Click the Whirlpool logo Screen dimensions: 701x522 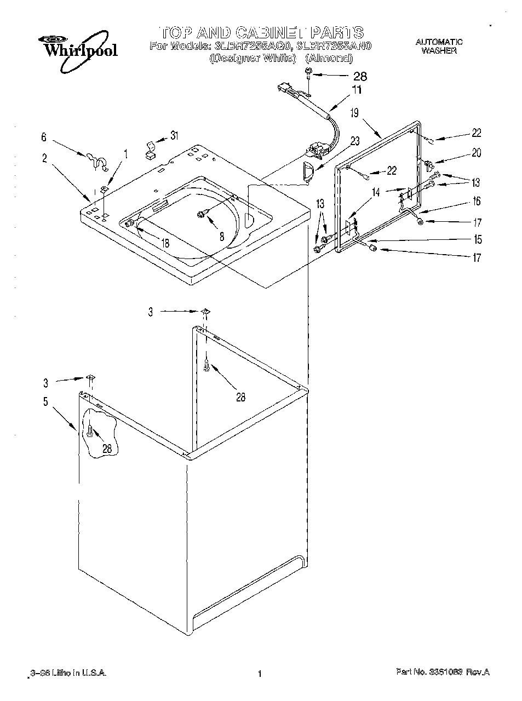click(77, 51)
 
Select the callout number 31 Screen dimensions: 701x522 click(174, 135)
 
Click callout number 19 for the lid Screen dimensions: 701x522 click(354, 113)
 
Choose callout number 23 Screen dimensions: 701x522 click(355, 140)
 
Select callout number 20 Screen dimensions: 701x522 click(476, 153)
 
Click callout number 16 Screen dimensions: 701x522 click(477, 201)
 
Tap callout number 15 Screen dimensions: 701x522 click(478, 239)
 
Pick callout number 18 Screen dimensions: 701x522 click(165, 244)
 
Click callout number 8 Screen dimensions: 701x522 click(221, 237)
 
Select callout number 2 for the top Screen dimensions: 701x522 click(44, 158)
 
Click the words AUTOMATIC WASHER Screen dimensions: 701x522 click(439, 46)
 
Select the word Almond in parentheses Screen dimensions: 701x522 click(328, 58)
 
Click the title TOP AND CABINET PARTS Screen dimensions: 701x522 click(261, 32)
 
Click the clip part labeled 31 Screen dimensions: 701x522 click(149, 150)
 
